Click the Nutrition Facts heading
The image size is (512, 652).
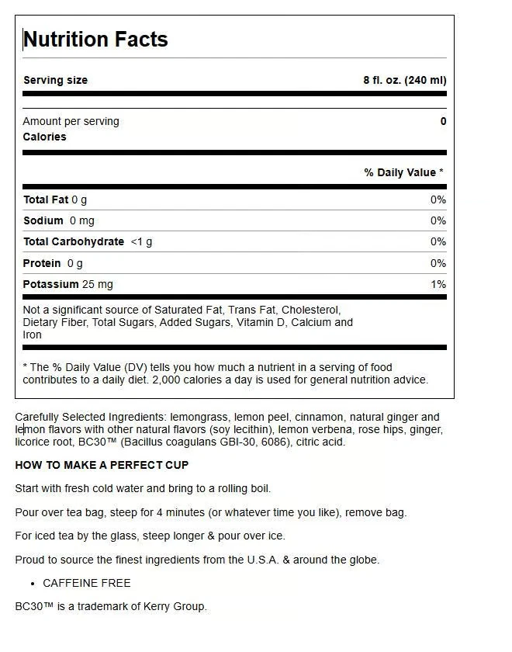95,40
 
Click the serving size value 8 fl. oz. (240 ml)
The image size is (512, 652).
404,80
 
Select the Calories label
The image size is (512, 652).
45,137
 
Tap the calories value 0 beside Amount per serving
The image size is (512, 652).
443,121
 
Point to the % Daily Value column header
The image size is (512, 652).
403,172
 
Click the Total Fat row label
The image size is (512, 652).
47,199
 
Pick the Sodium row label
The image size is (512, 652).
43,220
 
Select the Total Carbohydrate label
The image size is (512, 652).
74,241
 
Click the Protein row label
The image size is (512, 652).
42,263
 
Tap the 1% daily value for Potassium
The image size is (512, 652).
438,284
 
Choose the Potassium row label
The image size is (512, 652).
51,284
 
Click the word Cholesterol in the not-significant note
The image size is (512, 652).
310,310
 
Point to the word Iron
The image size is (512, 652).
33,335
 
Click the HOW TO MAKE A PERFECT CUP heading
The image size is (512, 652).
102,465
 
